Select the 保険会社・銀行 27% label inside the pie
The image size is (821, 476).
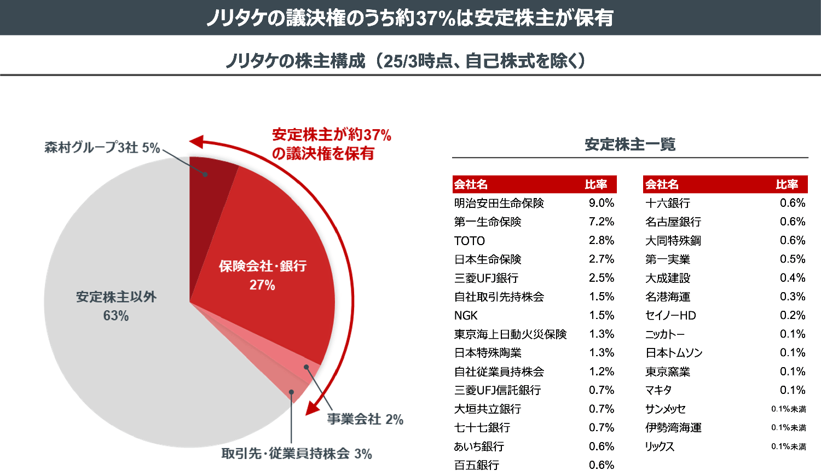coord(262,275)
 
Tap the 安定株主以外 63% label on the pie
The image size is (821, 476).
coord(116,306)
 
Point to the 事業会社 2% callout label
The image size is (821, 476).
coord(365,419)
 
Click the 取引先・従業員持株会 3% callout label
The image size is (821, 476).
coord(296,454)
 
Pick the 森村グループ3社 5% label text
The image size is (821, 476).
coord(102,148)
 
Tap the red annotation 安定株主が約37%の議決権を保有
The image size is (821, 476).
coord(331,144)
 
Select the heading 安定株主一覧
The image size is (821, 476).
coord(629,144)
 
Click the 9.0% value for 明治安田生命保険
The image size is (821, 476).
coord(601,203)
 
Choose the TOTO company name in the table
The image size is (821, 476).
coord(470,241)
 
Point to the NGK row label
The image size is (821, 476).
coord(466,316)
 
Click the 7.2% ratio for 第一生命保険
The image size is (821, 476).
coord(601,222)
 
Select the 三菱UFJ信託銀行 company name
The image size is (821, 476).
coord(497,390)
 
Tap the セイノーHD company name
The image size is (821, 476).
coord(670,316)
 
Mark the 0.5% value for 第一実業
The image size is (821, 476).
coord(792,259)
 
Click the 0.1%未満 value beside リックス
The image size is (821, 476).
coord(788,446)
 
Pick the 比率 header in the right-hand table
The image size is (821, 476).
coord(787,184)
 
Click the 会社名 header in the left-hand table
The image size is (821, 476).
coord(471,184)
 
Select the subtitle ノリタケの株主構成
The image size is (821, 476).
coord(296,61)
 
